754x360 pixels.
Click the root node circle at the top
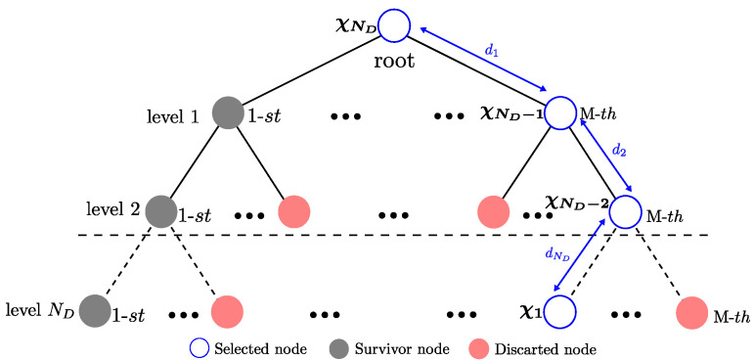(x=393, y=25)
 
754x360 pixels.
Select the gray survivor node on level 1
(x=227, y=113)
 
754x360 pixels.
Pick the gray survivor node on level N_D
(x=95, y=311)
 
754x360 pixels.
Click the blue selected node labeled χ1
(x=559, y=312)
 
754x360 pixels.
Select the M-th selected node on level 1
(x=560, y=113)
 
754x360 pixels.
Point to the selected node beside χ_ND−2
(x=626, y=211)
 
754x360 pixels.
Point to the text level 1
(x=173, y=116)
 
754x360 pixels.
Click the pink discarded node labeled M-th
(x=692, y=312)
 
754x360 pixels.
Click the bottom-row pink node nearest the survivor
(x=227, y=312)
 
